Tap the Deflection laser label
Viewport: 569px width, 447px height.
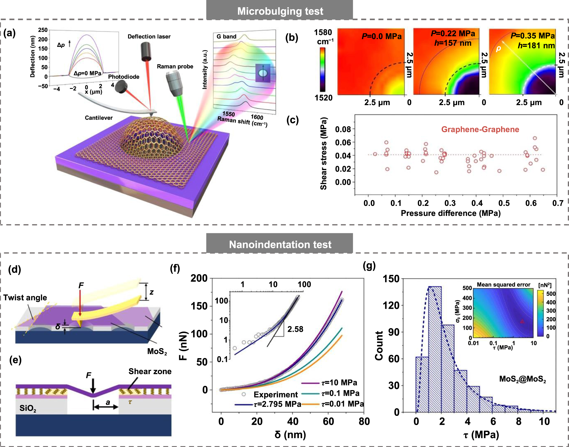pyautogui.click(x=149, y=37)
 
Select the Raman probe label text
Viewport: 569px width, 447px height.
pyautogui.click(x=175, y=66)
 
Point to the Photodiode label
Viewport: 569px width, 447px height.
pyautogui.click(x=124, y=77)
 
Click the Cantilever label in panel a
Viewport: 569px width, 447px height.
pyautogui.click(x=99, y=118)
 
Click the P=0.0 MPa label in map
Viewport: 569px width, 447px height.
pyautogui.click(x=382, y=36)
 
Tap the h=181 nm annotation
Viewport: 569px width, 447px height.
pyautogui.click(x=536, y=46)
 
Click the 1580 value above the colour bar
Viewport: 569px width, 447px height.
pyautogui.click(x=323, y=33)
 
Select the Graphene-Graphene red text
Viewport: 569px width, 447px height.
pyautogui.click(x=480, y=129)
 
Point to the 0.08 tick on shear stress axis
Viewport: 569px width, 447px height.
pyautogui.click(x=343, y=129)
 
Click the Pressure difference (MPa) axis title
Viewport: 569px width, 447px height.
pyautogui.click(x=451, y=213)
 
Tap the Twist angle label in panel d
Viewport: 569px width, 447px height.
pyautogui.click(x=25, y=297)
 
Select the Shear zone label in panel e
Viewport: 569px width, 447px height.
pyautogui.click(x=150, y=371)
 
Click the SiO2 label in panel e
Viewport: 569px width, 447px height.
pyautogui.click(x=28, y=408)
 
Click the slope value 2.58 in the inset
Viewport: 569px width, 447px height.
pyautogui.click(x=295, y=329)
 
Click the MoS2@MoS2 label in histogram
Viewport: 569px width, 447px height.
pyautogui.click(x=522, y=379)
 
